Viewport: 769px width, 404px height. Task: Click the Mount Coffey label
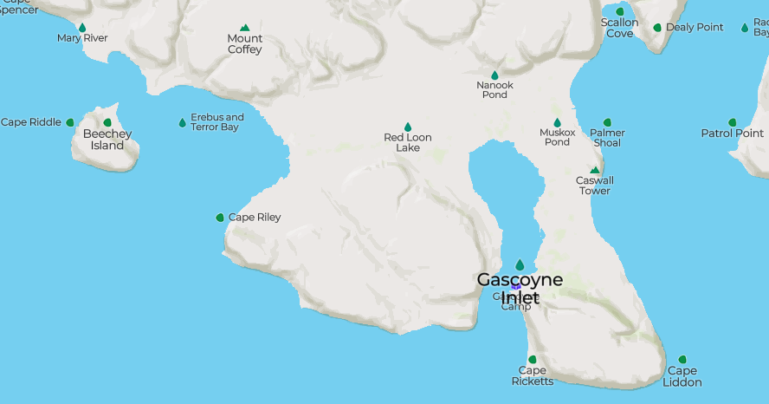(245, 44)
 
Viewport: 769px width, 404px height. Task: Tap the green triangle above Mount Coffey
(245, 28)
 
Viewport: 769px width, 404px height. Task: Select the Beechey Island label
(107, 140)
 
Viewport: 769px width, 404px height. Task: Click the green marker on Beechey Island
(107, 122)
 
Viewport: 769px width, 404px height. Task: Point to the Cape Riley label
(255, 218)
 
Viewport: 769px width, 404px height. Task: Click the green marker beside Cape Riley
(220, 218)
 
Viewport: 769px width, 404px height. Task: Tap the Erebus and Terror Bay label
(216, 122)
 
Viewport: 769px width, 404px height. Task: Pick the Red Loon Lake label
(408, 142)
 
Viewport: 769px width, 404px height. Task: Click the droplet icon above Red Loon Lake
(408, 127)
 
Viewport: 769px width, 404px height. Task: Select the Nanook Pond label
(495, 89)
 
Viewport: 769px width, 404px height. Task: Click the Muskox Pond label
(557, 137)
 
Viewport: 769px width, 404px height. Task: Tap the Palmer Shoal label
(607, 137)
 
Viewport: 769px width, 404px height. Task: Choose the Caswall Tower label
(595, 186)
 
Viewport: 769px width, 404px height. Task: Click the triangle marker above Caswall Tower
(595, 170)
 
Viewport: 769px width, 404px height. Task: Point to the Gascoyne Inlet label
(520, 289)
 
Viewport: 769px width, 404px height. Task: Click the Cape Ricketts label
(532, 376)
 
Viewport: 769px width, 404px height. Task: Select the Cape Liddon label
(682, 377)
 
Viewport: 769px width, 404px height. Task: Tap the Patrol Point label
(733, 134)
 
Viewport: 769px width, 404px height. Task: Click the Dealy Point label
(695, 28)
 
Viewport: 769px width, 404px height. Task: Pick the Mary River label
(82, 38)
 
